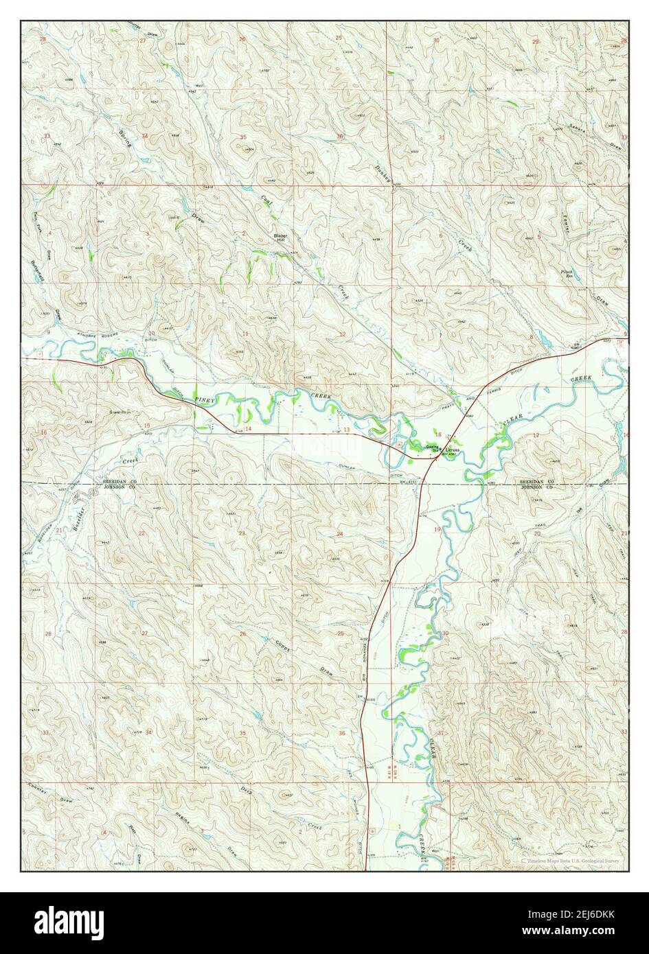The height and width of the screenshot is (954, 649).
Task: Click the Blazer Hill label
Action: [281, 238]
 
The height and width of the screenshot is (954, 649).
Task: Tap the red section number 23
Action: [242, 533]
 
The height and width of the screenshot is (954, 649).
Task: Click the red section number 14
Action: [249, 428]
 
